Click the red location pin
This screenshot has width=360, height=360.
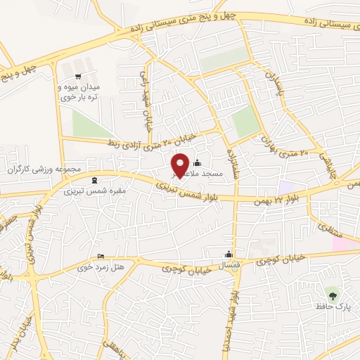click(181, 165)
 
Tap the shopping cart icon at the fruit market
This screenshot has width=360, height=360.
click(78, 77)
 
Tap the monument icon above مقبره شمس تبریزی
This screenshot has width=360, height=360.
click(96, 181)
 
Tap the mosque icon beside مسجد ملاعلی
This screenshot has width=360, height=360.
click(197, 163)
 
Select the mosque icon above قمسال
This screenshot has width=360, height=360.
click(228, 255)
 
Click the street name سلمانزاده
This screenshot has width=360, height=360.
click(230, 162)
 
